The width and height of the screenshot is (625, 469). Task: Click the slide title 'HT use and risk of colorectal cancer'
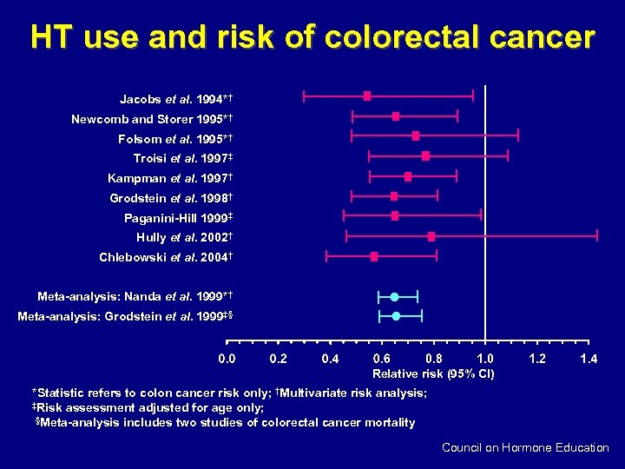tap(312, 37)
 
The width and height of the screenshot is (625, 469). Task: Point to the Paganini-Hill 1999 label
tap(180, 218)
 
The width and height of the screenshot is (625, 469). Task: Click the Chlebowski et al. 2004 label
tap(168, 258)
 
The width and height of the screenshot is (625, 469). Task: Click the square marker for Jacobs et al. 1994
tap(367, 96)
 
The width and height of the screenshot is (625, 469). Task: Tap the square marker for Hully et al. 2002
tap(431, 236)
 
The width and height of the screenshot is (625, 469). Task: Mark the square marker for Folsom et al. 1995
tap(416, 135)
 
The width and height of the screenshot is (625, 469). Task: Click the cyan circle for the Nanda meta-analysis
tap(395, 297)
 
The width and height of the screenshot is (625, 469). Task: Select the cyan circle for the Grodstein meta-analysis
tap(396, 316)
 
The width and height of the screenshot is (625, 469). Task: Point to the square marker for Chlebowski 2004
tap(374, 256)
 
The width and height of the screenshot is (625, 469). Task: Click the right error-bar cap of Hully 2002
tap(597, 236)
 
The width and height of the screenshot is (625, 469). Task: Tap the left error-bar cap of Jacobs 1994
tap(303, 96)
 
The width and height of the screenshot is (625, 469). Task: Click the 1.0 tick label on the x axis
tap(485, 359)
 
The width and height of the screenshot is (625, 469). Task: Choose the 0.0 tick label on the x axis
tap(227, 359)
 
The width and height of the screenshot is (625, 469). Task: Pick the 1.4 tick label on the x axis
tap(589, 359)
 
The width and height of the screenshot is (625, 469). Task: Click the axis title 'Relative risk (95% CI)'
tap(433, 374)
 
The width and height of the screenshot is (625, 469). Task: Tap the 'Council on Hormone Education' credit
tap(525, 448)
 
